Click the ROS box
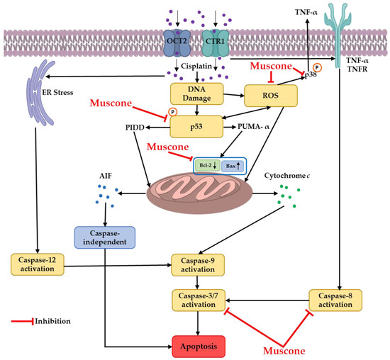coord(268,96)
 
